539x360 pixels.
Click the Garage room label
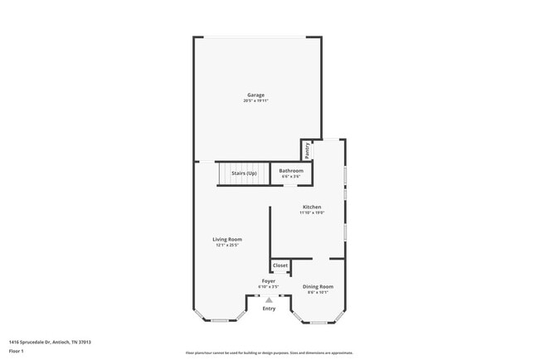coord(255,95)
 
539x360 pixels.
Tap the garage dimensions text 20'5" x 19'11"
coord(255,100)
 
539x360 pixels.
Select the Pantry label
coord(307,150)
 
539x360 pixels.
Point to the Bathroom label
coord(290,171)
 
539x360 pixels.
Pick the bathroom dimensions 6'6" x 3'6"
coord(290,177)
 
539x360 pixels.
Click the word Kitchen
coord(312,207)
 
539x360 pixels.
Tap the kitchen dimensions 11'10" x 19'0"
coord(312,212)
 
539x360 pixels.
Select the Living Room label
coord(227,239)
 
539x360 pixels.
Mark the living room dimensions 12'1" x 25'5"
coord(227,245)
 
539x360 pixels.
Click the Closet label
coord(280,265)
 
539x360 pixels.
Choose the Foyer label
coord(269,281)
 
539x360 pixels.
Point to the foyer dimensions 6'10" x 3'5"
coord(269,287)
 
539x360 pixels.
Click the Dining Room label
coord(318,286)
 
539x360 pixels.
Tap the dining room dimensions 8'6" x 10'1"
coord(318,292)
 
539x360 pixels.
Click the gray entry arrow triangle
coord(269,300)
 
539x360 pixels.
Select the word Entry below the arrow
coord(269,309)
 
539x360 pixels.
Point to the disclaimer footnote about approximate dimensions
coord(269,352)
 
